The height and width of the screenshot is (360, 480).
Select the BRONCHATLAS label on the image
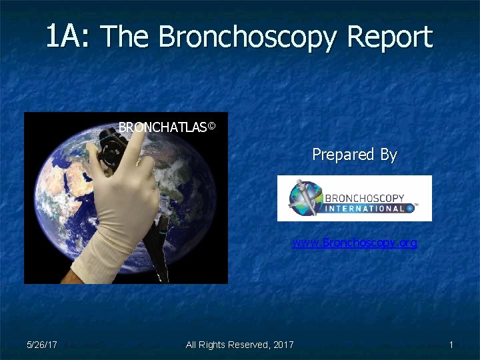click(x=162, y=127)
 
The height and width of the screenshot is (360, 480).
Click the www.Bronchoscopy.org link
click(x=355, y=243)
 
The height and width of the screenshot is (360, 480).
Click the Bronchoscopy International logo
click(x=354, y=198)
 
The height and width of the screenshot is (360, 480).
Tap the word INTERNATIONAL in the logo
click(x=364, y=209)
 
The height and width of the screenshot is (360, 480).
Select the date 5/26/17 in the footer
click(x=41, y=345)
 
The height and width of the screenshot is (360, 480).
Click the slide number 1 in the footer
click(x=451, y=345)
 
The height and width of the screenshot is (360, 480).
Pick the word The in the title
click(x=127, y=37)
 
